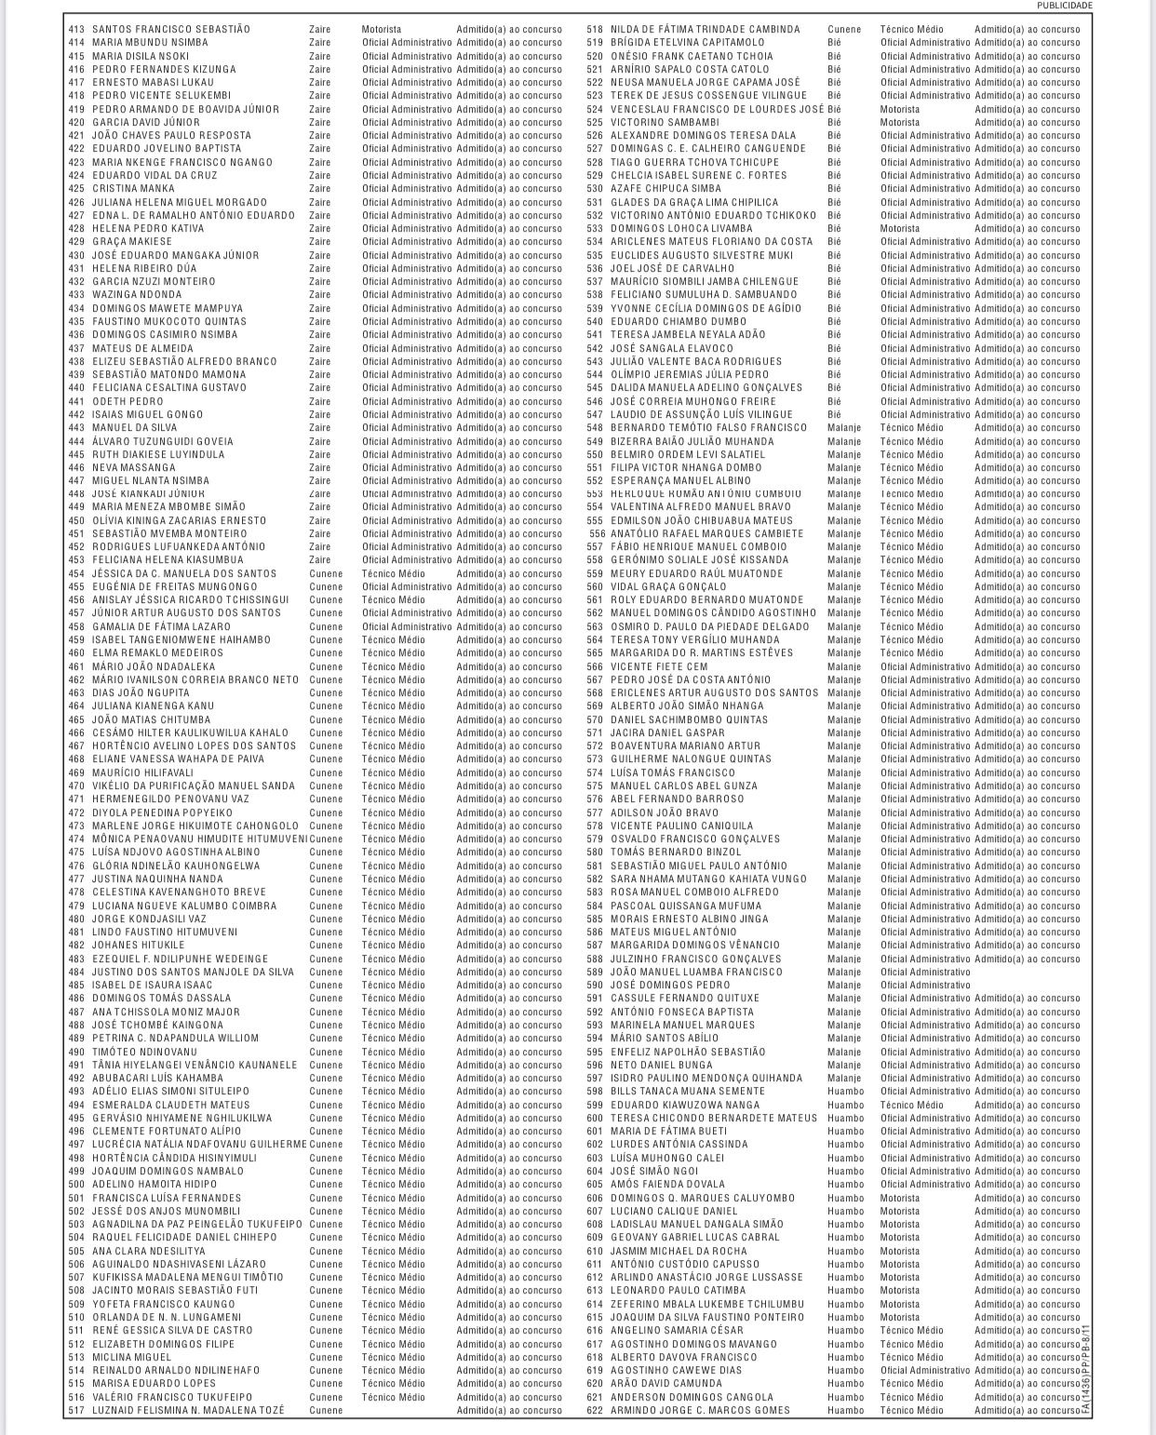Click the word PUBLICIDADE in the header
tap(1065, 6)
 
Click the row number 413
tap(76, 30)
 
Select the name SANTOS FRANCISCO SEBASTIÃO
tap(171, 30)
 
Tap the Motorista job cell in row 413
tap(382, 30)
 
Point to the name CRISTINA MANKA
tap(133, 189)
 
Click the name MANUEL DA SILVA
tap(135, 428)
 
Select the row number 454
tap(76, 574)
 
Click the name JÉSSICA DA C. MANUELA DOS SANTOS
tap(184, 574)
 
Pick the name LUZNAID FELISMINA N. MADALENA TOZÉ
tap(188, 1411)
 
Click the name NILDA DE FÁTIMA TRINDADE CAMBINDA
tap(705, 30)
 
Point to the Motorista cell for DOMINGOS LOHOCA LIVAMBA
tap(899, 229)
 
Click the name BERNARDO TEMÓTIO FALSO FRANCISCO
tap(708, 428)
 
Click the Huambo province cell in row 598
tap(845, 1092)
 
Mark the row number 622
tap(595, 1411)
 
